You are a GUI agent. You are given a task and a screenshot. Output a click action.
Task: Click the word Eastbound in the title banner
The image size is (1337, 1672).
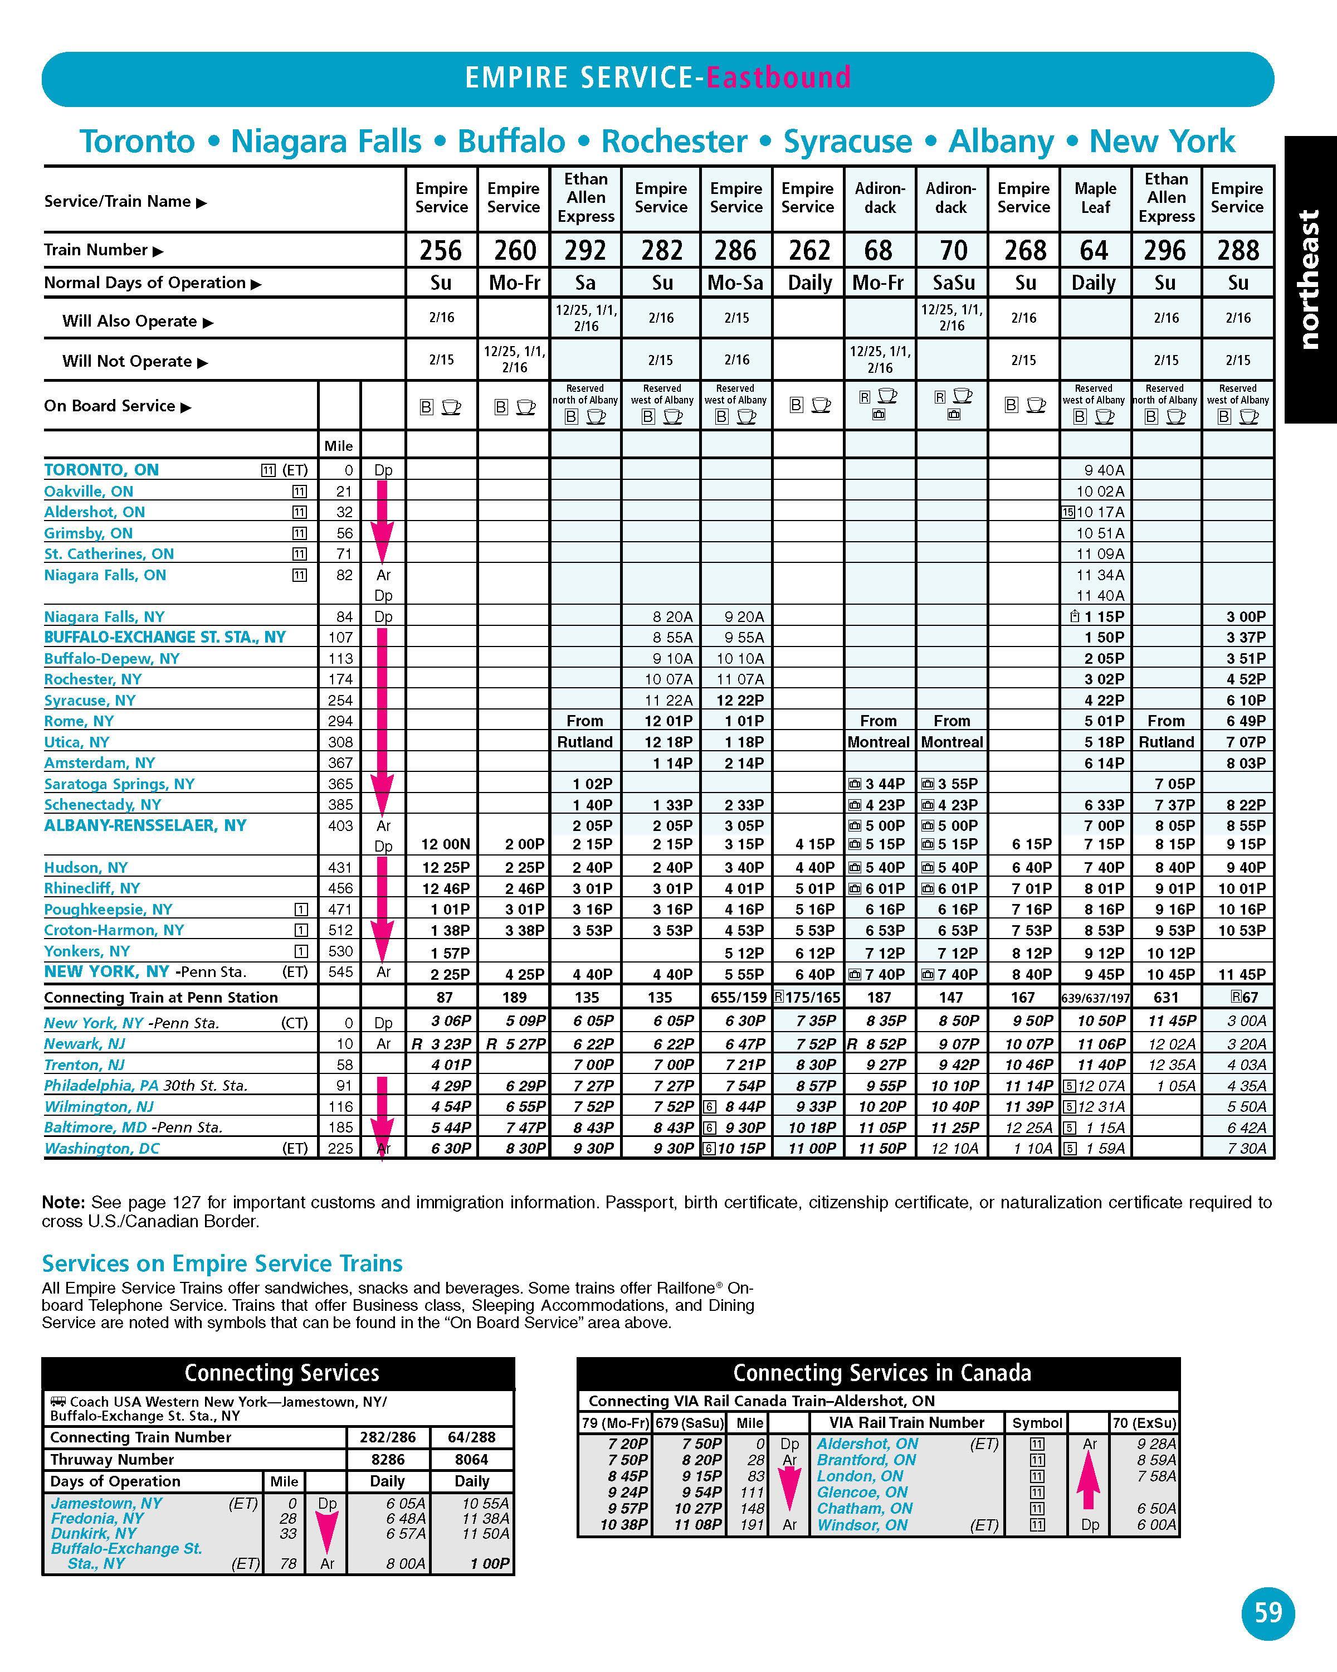[x=778, y=77]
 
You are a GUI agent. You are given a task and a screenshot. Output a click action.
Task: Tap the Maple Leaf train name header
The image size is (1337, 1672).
[x=1095, y=198]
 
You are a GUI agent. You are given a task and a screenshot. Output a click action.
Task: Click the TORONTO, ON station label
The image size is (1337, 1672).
[x=101, y=470]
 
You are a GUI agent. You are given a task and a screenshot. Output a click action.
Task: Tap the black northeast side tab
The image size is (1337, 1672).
[x=1310, y=279]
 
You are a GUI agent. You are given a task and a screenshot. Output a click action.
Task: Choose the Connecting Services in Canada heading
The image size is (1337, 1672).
[x=881, y=1373]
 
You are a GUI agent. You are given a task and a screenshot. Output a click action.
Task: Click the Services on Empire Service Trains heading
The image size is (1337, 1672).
[x=222, y=1263]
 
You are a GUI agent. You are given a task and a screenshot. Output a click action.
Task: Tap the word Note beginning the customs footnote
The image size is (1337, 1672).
[x=62, y=1203]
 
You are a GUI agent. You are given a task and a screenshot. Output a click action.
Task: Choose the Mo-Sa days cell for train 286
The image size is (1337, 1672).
[x=735, y=283]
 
